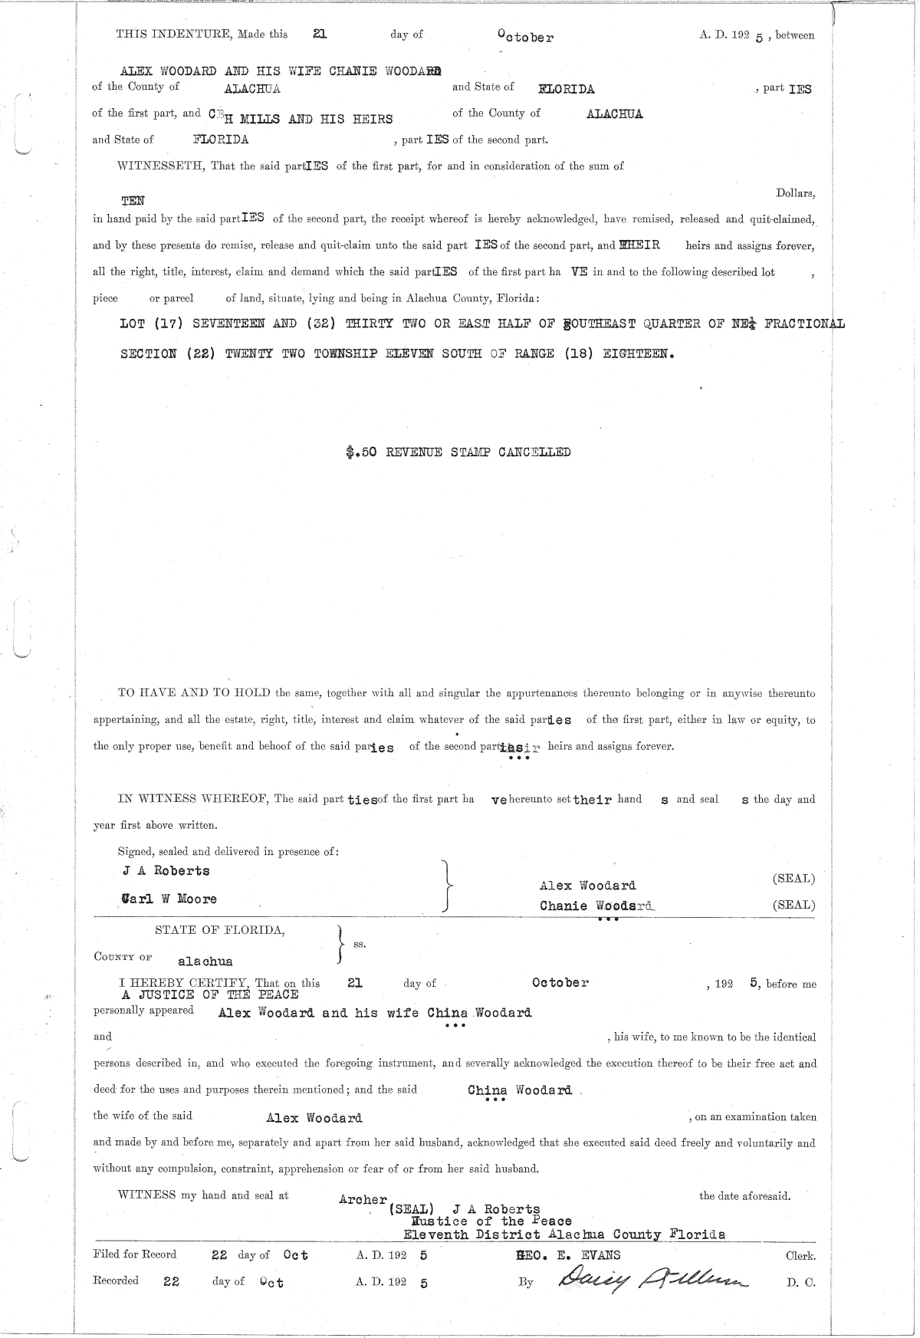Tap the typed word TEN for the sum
click(x=133, y=200)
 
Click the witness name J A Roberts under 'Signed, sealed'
click(x=166, y=870)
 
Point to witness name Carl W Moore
click(x=169, y=899)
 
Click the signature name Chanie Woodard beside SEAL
click(x=596, y=906)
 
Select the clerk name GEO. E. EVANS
click(x=569, y=1255)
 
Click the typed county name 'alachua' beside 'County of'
click(x=205, y=961)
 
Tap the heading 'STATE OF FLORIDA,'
click(x=220, y=930)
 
